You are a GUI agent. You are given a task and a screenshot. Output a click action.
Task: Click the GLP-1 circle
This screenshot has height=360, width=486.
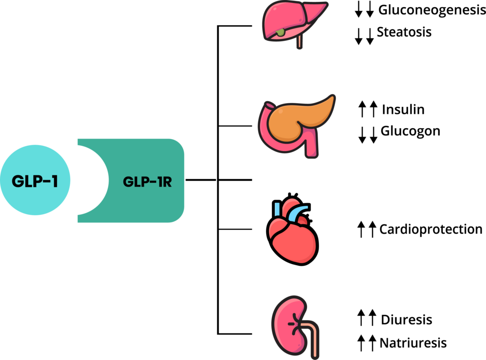pyautogui.click(x=35, y=180)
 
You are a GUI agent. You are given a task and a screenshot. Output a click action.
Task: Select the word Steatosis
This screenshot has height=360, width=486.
pyautogui.click(x=404, y=32)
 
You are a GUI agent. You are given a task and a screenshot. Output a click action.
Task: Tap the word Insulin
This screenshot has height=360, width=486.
pyautogui.click(x=403, y=110)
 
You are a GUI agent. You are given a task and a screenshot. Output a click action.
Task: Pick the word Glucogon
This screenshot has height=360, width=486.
pyautogui.click(x=410, y=131)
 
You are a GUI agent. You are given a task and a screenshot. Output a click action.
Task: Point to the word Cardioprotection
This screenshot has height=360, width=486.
pyautogui.click(x=430, y=229)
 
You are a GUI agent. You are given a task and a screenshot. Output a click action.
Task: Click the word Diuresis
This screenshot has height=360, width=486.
pyautogui.click(x=406, y=320)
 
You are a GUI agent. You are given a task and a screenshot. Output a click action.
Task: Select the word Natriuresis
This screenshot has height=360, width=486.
pyautogui.click(x=413, y=342)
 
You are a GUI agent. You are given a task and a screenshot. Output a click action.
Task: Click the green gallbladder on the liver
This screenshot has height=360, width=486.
pyautogui.click(x=281, y=32)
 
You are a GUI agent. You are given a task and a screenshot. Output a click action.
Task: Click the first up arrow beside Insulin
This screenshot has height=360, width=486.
pyautogui.click(x=362, y=110)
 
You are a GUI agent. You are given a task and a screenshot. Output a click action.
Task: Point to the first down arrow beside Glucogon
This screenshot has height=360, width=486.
pyautogui.click(x=362, y=134)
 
